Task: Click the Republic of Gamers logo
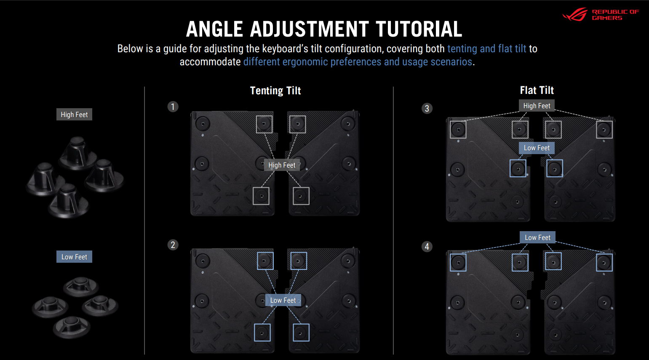click(600, 14)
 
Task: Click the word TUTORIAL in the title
click(419, 29)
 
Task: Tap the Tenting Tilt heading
click(275, 91)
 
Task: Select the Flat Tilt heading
click(537, 91)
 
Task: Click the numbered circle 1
click(173, 107)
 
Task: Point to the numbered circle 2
click(173, 245)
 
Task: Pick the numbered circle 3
click(427, 109)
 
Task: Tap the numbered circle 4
click(427, 247)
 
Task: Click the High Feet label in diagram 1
click(282, 165)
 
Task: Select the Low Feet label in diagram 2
click(283, 300)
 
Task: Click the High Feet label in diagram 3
click(537, 106)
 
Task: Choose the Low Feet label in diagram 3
click(537, 148)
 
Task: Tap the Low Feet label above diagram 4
click(537, 237)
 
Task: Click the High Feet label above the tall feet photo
click(74, 115)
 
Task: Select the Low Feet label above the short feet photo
click(74, 257)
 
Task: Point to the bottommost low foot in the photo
click(72, 327)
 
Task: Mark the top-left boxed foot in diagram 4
click(458, 263)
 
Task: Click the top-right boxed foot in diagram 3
click(604, 129)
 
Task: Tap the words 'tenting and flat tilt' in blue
click(487, 49)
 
